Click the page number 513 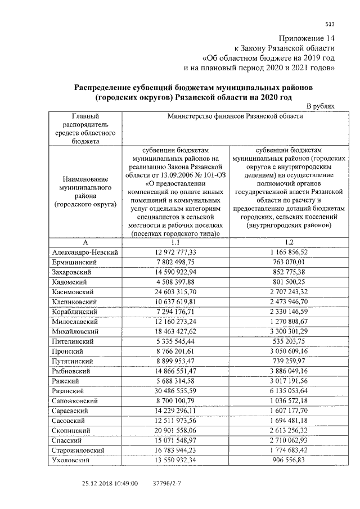tap(330, 23)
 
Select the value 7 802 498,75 tap(176, 262)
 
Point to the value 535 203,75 tap(289, 342)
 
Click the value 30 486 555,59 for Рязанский tap(176, 391)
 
